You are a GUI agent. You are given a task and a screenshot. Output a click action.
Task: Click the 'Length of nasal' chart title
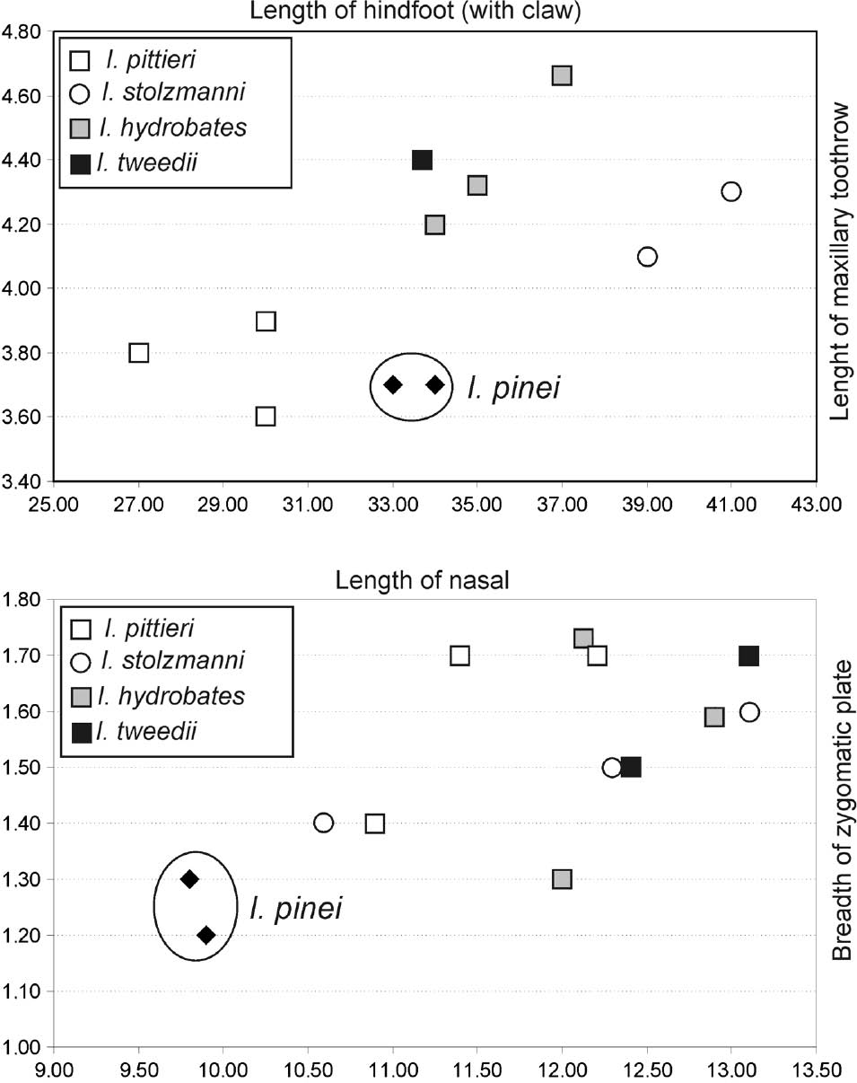tap(423, 579)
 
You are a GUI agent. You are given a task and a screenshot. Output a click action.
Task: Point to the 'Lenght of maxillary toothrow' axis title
tap(839, 260)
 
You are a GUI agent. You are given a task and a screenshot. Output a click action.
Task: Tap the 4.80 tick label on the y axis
tap(22, 31)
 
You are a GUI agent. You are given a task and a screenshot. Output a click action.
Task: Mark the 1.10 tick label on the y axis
tap(22, 991)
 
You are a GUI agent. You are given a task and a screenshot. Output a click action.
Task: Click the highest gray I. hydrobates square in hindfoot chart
tap(562, 75)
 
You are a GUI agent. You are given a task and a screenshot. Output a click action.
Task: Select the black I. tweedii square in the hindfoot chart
tap(423, 160)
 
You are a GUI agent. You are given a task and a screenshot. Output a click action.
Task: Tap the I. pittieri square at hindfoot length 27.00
tap(138, 353)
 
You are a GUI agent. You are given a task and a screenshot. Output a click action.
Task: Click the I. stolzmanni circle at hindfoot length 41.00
tap(730, 191)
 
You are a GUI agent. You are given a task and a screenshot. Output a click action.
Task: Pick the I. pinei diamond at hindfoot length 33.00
tap(392, 385)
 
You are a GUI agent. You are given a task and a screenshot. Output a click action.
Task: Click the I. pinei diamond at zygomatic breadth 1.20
tap(206, 935)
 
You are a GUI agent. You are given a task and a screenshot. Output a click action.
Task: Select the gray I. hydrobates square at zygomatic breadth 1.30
tap(562, 878)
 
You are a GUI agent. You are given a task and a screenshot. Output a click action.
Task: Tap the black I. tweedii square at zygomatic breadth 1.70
tap(748, 656)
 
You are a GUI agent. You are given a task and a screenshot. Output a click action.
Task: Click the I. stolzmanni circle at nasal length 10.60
tap(324, 823)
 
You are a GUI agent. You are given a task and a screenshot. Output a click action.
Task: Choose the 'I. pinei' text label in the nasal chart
tap(295, 909)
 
